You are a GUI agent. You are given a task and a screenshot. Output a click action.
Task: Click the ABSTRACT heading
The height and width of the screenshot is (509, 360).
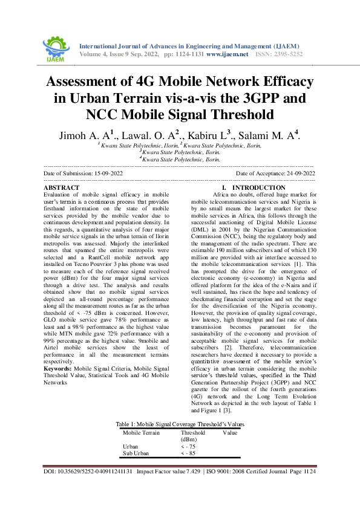click(62, 188)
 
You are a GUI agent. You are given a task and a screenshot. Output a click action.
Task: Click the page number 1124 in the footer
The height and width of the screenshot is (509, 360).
click(309, 487)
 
